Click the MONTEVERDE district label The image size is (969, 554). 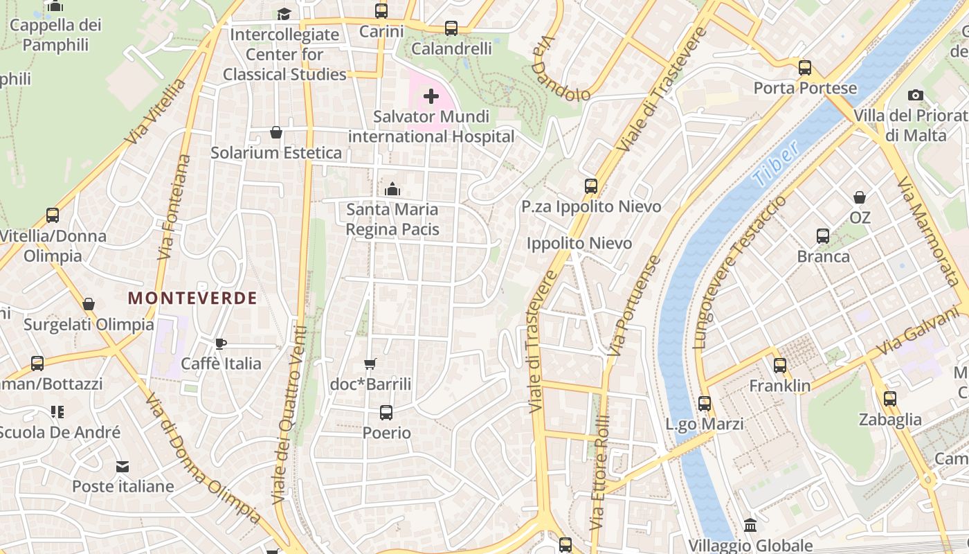192,298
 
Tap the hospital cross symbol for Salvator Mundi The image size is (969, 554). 431,96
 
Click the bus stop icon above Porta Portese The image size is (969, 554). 804,68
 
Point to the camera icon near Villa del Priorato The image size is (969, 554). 916,95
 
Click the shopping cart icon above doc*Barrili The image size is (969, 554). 370,364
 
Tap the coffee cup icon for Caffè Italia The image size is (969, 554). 221,343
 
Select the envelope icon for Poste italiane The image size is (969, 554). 123,467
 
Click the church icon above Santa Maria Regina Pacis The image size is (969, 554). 392,188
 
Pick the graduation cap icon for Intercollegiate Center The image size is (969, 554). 284,14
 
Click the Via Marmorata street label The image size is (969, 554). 927,231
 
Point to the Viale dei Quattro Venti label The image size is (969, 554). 289,414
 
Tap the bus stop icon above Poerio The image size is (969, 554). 386,413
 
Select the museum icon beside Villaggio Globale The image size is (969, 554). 750,525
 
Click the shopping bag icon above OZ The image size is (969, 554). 860,197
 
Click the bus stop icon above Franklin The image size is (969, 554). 780,366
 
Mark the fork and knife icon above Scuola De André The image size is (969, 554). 57,412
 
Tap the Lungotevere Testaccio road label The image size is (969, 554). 739,271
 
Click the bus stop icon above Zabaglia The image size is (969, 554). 890,399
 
